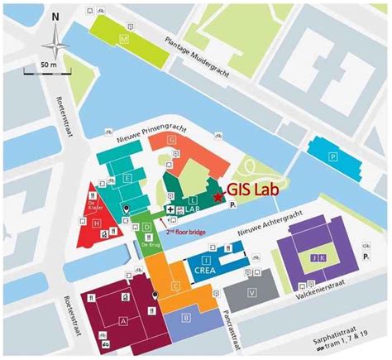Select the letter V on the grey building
pyautogui.click(x=251, y=291)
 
